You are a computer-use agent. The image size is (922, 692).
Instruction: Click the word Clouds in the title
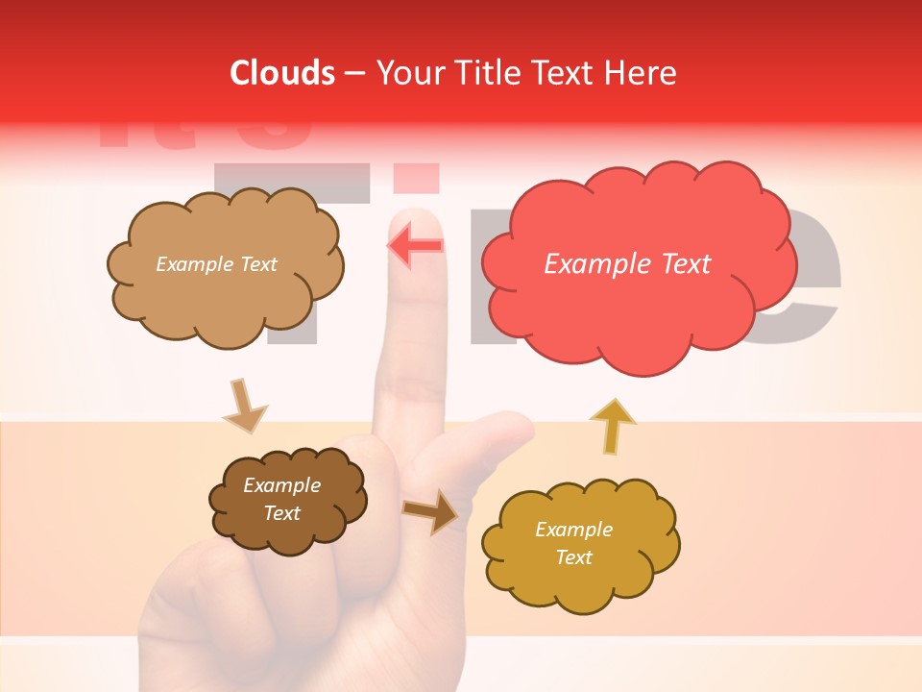click(282, 73)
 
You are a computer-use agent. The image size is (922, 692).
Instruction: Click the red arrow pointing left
click(415, 245)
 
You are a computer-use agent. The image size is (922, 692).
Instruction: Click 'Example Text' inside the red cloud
click(627, 264)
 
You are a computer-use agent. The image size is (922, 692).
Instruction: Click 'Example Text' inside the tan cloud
click(216, 264)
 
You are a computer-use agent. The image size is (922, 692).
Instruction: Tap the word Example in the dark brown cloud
click(282, 485)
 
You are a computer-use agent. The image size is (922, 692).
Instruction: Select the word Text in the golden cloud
click(573, 557)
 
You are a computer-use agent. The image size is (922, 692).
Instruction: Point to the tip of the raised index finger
click(416, 219)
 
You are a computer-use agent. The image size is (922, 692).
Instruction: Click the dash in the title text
click(355, 73)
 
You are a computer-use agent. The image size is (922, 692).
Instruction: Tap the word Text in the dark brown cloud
click(282, 513)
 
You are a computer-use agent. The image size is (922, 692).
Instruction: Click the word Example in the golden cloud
click(573, 530)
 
